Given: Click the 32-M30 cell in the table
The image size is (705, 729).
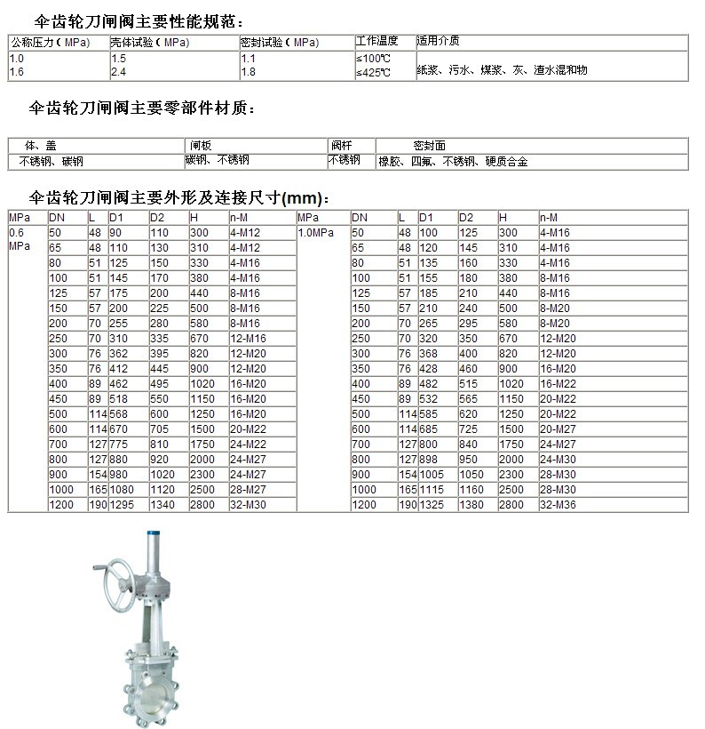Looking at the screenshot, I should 247,505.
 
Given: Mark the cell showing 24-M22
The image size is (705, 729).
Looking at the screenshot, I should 247,444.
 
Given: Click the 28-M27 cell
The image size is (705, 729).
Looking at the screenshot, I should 247,490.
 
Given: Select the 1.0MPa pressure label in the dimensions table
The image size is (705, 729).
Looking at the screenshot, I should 315,233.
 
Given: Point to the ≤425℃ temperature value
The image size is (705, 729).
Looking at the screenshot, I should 373,72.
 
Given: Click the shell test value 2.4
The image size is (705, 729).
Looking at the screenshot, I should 118,71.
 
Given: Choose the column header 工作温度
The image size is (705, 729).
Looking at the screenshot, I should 376,41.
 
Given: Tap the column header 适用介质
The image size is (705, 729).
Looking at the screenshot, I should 438,41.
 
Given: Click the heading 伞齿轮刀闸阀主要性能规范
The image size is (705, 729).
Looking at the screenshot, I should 137,21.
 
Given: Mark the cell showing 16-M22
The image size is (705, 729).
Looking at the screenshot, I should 558,383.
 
